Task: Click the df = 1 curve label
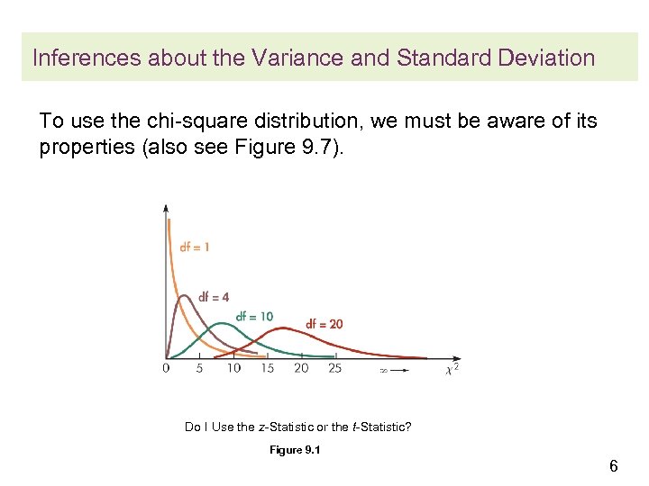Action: (194, 247)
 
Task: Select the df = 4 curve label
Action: (213, 297)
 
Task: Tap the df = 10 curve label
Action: (254, 317)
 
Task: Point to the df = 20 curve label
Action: (324, 324)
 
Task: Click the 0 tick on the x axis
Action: (166, 368)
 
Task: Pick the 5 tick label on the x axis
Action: (199, 368)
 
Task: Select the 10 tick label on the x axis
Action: (233, 368)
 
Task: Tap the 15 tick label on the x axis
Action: (267, 368)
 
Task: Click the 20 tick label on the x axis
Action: (301, 368)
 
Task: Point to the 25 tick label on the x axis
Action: (334, 368)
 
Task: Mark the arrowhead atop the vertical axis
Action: (166, 209)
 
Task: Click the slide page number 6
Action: (613, 466)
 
